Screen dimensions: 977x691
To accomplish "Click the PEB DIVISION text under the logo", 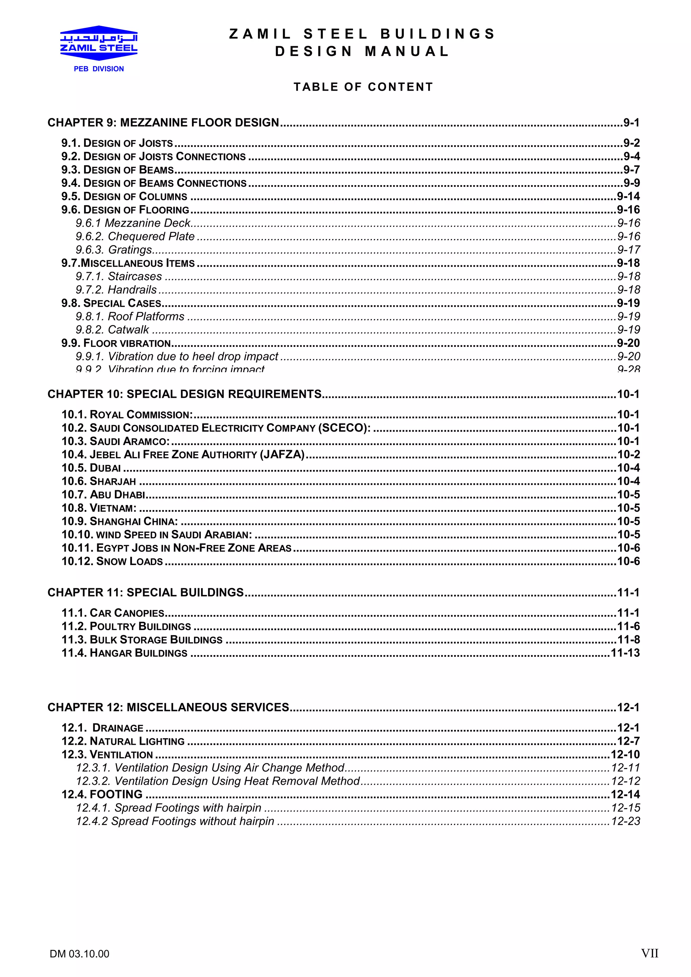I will pyautogui.click(x=99, y=69).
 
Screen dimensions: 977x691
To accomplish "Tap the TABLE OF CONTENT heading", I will pyautogui.click(x=363, y=87).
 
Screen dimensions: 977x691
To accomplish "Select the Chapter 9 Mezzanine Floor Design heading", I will pyautogui.click(x=163, y=123).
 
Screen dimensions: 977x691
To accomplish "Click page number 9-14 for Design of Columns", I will pyautogui.click(x=628, y=197).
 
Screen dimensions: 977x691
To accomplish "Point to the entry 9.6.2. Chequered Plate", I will pyautogui.click(x=135, y=237).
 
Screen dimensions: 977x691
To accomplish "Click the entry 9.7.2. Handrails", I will pyautogui.click(x=116, y=290).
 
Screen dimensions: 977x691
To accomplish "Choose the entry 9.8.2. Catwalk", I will pyautogui.click(x=112, y=330).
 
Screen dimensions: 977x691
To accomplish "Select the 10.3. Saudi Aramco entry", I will pyautogui.click(x=115, y=442).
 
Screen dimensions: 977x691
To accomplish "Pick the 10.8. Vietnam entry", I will pyautogui.click(x=99, y=508).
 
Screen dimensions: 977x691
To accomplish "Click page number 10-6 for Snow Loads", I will pyautogui.click(x=628, y=562).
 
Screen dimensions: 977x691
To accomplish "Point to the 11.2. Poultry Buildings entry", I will pyautogui.click(x=126, y=627).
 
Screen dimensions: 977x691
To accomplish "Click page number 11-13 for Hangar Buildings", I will pyautogui.click(x=625, y=653).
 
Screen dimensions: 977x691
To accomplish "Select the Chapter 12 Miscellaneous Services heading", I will pyautogui.click(x=168, y=708).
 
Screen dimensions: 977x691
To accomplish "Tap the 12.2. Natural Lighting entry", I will pyautogui.click(x=123, y=741).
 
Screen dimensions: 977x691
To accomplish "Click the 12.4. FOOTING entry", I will pyautogui.click(x=102, y=795).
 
